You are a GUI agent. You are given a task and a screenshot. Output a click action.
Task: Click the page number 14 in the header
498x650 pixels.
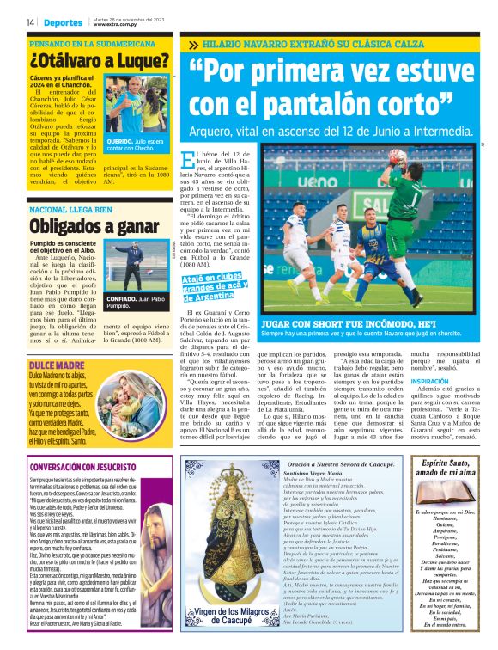(x=30, y=21)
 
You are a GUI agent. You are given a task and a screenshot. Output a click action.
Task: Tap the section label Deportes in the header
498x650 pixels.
(x=64, y=21)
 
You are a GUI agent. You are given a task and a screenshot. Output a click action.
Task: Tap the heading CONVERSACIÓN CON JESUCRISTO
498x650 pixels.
(x=95, y=467)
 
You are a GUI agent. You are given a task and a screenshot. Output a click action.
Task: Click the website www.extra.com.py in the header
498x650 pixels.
(x=115, y=25)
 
